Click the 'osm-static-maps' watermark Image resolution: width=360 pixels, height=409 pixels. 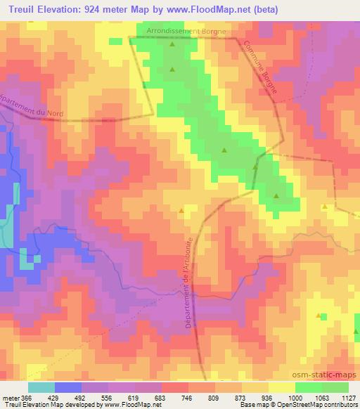click(x=324, y=374)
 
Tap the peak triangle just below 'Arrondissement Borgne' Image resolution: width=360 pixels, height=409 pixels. click(x=172, y=44)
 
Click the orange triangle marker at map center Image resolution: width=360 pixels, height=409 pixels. click(x=182, y=210)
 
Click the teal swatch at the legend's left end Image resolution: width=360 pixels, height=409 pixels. click(x=41, y=387)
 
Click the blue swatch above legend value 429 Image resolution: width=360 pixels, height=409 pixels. click(x=67, y=387)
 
